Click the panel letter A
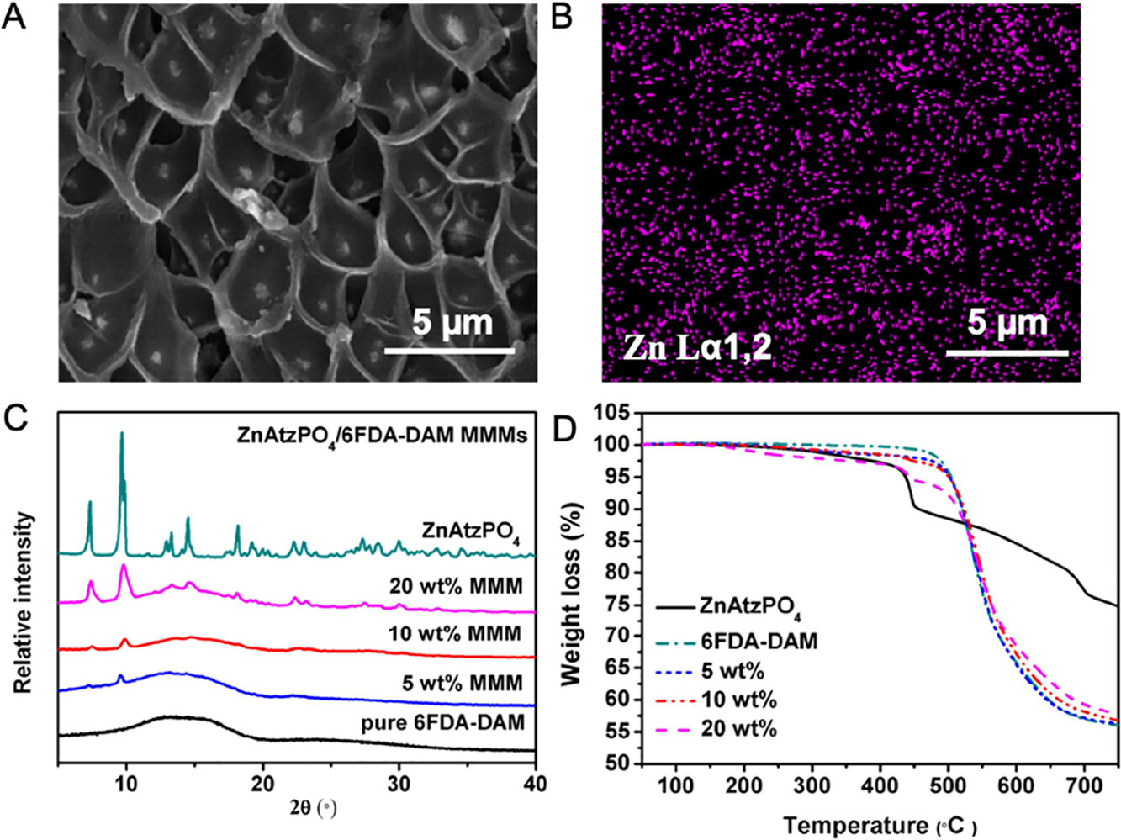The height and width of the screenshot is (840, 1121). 14,16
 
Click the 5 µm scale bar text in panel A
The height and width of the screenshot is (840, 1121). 452,323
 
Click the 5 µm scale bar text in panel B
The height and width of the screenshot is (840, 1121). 1007,323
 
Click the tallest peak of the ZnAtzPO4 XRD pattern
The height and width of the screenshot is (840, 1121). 122,434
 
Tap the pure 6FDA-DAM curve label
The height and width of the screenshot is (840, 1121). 443,722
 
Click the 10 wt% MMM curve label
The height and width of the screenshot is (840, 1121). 455,633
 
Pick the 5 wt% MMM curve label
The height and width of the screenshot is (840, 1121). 462,682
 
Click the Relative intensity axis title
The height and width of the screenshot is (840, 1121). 24,602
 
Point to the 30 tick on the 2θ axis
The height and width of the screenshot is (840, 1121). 399,784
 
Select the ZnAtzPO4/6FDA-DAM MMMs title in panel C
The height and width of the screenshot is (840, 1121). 381,436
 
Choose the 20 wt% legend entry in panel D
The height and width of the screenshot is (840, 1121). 738,728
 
